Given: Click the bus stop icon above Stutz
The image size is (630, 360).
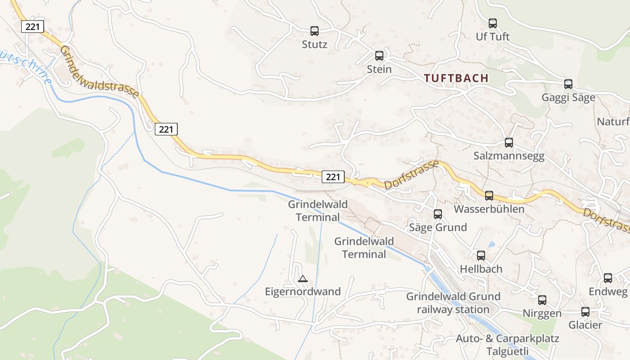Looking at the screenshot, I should tap(315, 31).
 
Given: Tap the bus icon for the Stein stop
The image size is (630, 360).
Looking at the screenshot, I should tap(379, 56).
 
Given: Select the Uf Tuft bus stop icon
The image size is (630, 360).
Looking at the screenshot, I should tap(493, 23).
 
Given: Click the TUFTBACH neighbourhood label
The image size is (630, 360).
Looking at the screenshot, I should tap(456, 78).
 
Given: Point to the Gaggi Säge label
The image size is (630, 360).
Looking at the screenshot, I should tap(568, 98).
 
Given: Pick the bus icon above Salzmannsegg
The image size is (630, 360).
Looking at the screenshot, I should tap(509, 143).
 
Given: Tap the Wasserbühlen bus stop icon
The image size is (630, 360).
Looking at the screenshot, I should tap(489, 196).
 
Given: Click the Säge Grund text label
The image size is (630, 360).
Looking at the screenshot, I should tap(438, 227).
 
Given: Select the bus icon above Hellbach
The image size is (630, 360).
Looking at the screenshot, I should tap(481, 256).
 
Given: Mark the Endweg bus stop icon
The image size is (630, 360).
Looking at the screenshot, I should tap(608, 278).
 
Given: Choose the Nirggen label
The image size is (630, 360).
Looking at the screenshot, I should tap(542, 313).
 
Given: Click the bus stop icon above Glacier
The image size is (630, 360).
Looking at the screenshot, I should tap(585, 311).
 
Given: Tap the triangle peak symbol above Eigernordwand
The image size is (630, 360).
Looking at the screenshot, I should tap(302, 279).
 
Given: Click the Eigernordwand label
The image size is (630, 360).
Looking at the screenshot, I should tap(302, 292).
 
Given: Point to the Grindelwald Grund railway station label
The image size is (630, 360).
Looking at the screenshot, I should tap(453, 303).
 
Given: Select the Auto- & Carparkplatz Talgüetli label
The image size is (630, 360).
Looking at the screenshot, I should tap(508, 345).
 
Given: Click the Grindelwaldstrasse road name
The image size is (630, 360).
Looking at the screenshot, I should tap(99, 72).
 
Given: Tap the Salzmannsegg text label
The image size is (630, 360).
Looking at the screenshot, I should tap(509, 156).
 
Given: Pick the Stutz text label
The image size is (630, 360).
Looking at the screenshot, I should tap(315, 45).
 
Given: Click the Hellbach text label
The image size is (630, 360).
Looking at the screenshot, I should tap(481, 269).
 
